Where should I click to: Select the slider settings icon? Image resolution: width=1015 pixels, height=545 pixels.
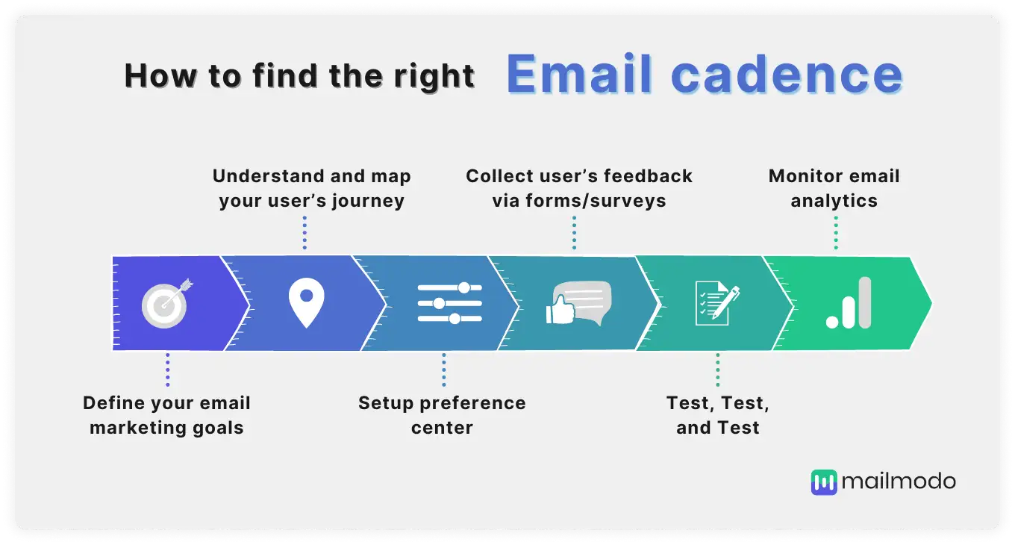click(449, 303)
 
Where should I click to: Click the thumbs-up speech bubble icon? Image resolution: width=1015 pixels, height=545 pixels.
click(578, 303)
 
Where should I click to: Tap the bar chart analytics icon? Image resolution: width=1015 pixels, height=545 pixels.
click(849, 303)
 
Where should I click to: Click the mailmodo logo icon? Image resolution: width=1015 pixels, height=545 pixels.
click(824, 482)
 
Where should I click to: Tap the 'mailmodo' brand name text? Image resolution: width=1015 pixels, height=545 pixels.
click(898, 482)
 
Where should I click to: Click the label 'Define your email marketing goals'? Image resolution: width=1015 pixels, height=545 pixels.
click(166, 415)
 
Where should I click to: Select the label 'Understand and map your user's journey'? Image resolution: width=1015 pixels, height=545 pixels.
click(311, 188)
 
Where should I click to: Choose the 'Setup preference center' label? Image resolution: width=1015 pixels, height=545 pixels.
click(442, 415)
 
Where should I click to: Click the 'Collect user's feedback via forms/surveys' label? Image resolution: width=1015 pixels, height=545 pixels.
click(579, 188)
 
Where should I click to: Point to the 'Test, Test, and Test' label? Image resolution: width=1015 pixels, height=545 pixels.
click(718, 415)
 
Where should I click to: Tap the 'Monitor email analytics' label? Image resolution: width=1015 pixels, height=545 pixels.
click(834, 188)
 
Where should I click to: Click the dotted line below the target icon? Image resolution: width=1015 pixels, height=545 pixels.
click(167, 370)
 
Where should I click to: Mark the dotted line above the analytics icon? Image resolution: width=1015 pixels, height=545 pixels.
click(836, 233)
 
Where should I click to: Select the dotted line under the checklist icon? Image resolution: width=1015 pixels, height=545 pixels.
click(718, 370)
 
